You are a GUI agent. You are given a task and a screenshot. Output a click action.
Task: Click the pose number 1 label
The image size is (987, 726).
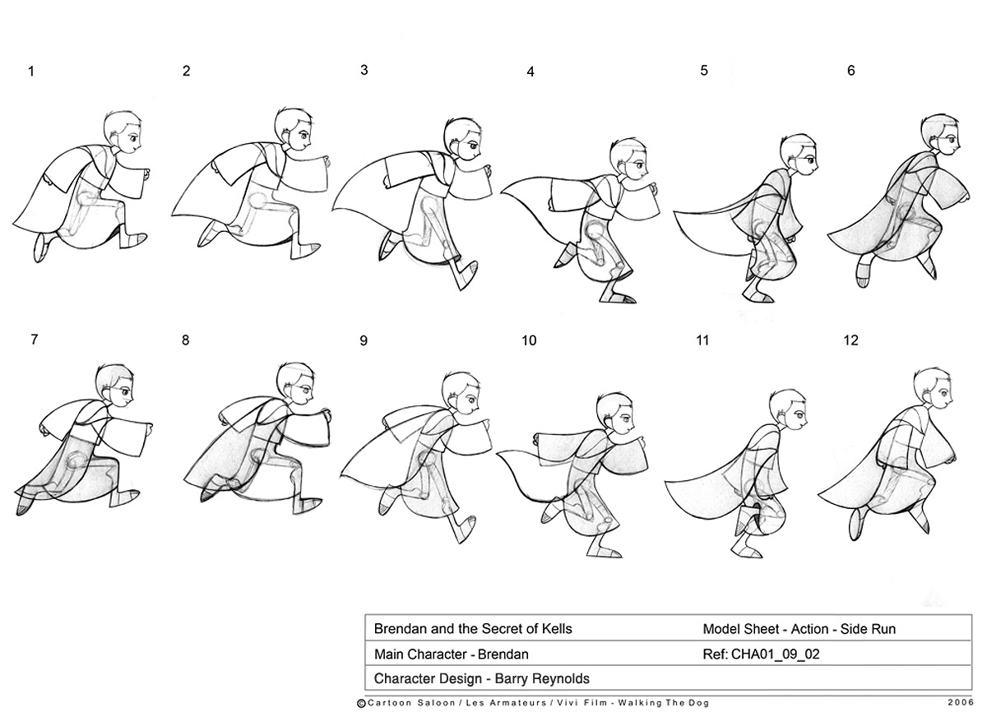point(31,72)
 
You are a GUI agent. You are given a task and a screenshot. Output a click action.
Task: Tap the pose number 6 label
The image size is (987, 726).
point(850,71)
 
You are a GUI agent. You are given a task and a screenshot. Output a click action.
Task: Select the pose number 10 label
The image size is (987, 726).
point(529,340)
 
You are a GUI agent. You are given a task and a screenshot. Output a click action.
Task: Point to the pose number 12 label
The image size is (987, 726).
point(850,340)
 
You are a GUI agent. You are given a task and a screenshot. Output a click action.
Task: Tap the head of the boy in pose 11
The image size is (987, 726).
point(788,410)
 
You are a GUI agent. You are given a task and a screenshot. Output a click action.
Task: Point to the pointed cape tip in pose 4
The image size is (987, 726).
point(502,192)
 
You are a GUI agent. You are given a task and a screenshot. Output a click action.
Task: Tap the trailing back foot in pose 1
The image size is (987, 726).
point(40,248)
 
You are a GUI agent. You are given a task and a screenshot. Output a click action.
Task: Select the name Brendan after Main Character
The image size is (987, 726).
point(503,654)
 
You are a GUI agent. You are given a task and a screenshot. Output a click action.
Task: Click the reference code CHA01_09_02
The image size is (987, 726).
point(775,654)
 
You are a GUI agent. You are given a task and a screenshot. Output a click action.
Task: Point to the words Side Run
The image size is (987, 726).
point(868,629)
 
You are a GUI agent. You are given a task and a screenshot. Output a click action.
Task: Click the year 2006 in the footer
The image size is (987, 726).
point(960,703)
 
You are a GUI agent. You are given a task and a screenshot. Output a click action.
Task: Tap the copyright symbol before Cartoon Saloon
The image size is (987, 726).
point(361,704)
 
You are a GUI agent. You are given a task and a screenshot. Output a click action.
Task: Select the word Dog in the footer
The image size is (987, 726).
point(700,703)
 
